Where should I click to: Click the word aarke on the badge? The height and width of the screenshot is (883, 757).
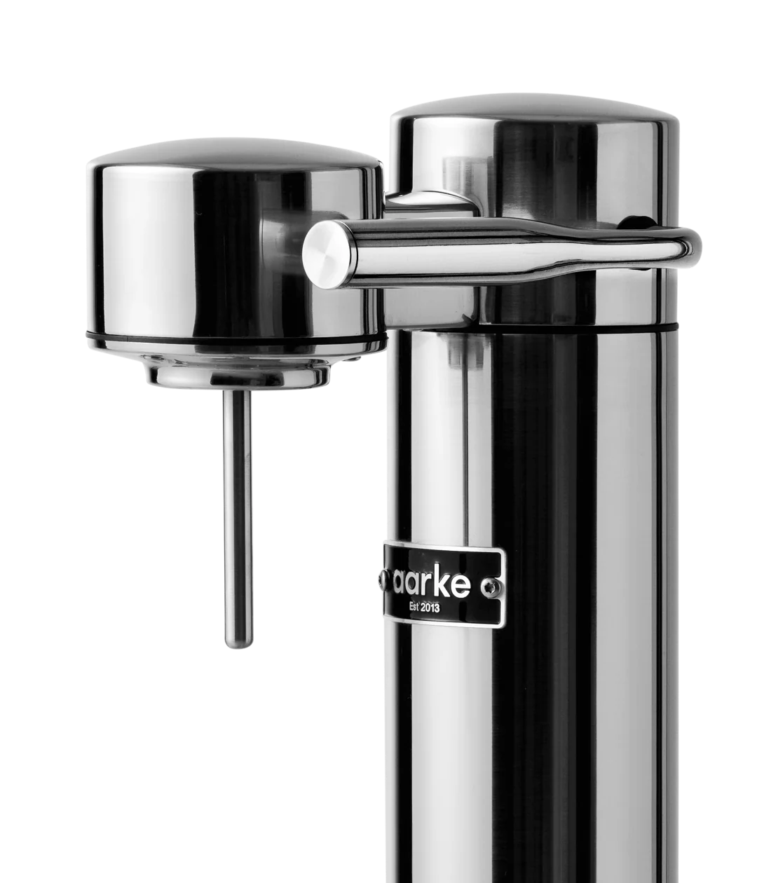click(442, 584)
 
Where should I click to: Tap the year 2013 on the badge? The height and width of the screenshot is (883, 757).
click(428, 608)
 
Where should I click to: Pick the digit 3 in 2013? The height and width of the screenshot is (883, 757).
click(437, 608)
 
